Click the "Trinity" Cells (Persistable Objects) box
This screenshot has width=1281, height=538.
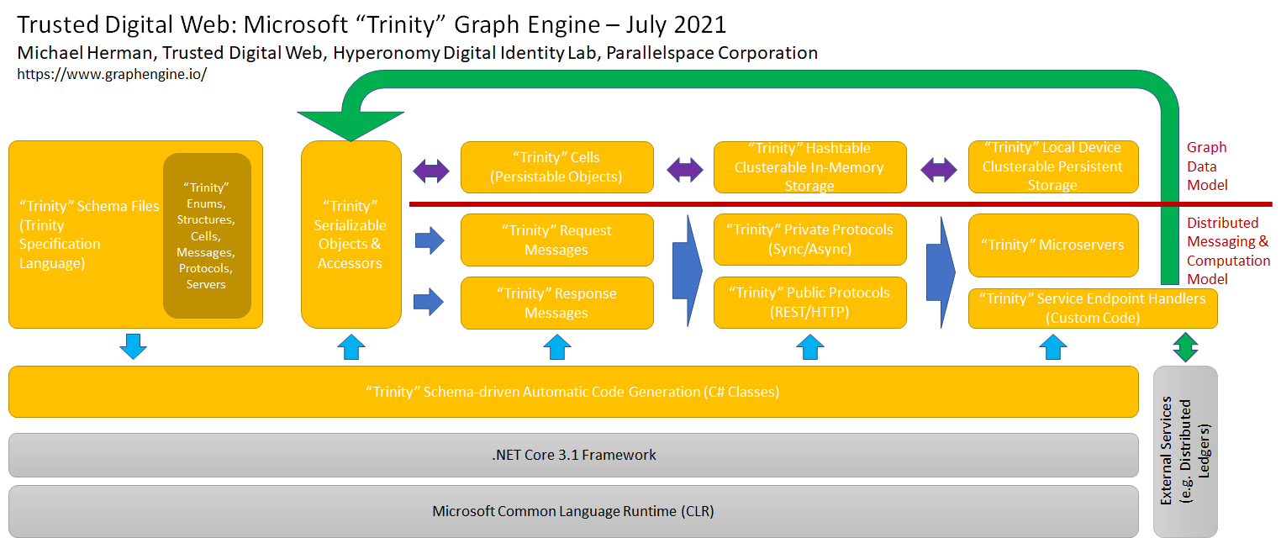point(556,166)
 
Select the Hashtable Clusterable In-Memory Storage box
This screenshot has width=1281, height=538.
point(809,166)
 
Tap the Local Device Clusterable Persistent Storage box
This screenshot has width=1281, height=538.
point(1052,166)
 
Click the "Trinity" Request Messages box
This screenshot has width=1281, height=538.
point(556,240)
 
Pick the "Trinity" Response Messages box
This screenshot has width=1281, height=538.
point(556,303)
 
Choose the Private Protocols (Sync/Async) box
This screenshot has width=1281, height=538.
point(809,239)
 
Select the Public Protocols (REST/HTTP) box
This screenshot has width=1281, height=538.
point(809,302)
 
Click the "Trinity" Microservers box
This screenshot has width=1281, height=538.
point(1052,245)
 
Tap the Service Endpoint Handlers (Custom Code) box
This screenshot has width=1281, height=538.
point(1092,308)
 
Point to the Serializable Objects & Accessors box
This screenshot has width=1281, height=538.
point(351,235)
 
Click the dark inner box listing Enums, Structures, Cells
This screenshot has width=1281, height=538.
point(207,235)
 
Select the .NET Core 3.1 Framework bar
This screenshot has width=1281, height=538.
point(573,455)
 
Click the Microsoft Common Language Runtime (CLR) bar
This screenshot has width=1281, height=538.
point(573,510)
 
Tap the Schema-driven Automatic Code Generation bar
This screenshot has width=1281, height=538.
point(573,392)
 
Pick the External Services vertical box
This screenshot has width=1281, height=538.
point(1185,451)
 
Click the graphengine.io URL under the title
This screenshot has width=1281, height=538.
point(112,74)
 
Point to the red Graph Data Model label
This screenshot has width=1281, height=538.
point(1207,166)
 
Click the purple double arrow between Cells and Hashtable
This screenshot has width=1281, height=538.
point(684,171)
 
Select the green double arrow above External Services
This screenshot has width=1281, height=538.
point(1185,346)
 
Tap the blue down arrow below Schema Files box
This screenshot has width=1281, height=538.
point(133,346)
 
